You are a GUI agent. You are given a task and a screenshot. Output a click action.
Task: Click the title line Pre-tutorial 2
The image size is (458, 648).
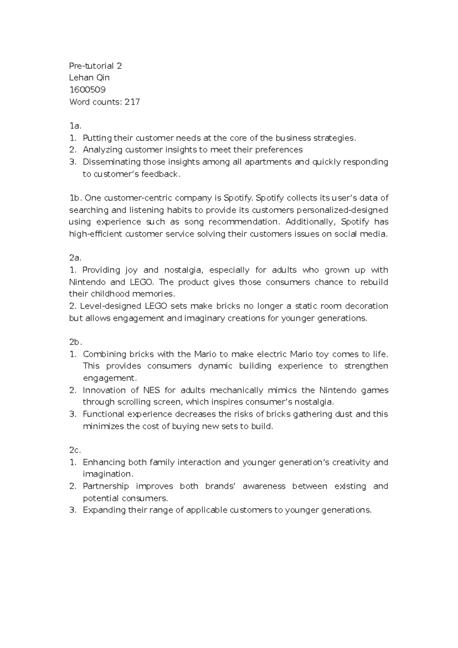[x=95, y=66]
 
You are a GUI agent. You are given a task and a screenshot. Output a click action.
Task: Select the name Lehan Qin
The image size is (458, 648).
[x=89, y=78]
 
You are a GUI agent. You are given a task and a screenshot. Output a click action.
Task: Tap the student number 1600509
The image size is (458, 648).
[x=87, y=90]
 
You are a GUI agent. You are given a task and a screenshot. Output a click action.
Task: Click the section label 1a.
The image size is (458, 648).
[x=75, y=126]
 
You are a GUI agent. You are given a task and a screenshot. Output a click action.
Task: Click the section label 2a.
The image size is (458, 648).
[x=76, y=258]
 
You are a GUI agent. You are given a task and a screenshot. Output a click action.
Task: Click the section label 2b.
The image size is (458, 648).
[x=76, y=342]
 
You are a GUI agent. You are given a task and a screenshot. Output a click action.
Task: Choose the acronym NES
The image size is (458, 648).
[x=152, y=390]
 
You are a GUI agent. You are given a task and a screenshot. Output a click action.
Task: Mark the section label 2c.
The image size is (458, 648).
[x=75, y=450]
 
